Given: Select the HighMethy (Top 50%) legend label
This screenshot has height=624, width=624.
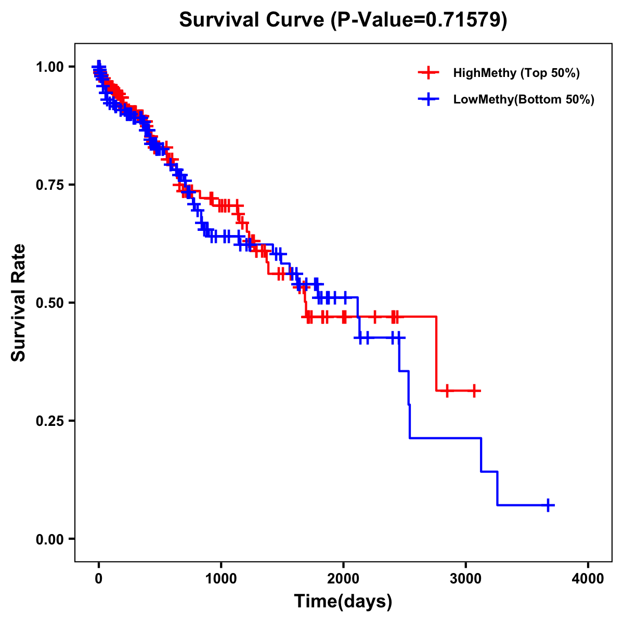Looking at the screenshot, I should (516, 73).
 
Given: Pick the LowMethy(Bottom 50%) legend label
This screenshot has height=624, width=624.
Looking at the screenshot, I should (523, 99).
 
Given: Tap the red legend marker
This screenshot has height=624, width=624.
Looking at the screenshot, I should (428, 73).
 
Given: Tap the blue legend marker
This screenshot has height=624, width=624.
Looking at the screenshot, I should (428, 99).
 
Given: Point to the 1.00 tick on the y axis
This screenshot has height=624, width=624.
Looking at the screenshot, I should (51, 67).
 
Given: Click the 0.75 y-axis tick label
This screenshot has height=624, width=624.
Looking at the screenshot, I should (51, 185).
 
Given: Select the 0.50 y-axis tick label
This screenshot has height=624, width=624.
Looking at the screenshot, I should (51, 303).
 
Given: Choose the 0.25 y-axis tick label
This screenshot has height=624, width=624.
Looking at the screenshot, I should (51, 421).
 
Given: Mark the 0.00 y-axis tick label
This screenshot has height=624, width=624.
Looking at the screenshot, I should (51, 539).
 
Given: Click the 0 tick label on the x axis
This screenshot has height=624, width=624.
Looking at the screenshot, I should (99, 579).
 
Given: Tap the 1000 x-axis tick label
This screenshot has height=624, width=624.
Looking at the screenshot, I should (221, 579).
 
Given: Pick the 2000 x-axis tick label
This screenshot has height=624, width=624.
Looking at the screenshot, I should (343, 579).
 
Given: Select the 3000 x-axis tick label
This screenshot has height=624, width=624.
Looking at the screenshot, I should (466, 579).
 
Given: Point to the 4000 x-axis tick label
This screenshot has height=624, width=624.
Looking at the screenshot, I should (588, 579).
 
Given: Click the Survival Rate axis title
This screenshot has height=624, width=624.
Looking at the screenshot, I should (19, 303).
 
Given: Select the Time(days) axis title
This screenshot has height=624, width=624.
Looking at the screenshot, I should (343, 602).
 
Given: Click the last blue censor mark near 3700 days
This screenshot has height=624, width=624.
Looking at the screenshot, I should (548, 505).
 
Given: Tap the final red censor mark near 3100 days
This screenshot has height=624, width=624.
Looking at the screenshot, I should (474, 390).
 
